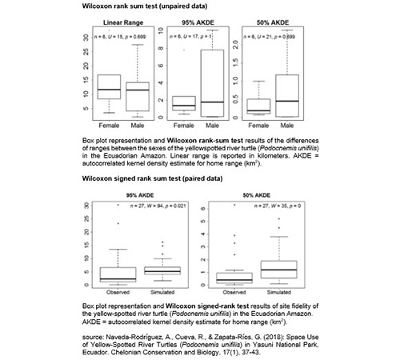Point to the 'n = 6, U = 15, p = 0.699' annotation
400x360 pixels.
pos(121,36)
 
